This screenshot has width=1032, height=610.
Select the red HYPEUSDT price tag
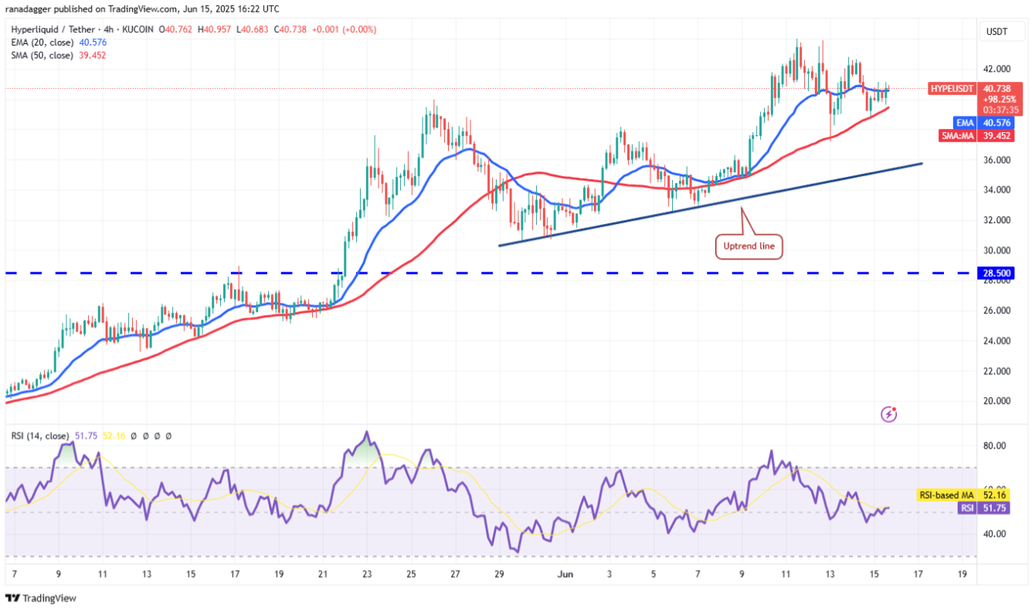(x=951, y=89)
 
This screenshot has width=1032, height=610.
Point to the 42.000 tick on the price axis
(x=996, y=69)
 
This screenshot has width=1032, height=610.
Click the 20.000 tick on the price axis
(x=996, y=401)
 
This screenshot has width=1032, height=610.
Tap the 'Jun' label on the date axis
(x=565, y=574)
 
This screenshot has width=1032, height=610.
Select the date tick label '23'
(x=367, y=574)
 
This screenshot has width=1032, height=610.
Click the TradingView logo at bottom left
(x=41, y=598)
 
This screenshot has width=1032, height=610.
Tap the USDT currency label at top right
(x=996, y=32)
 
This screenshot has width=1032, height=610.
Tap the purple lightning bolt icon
(x=889, y=415)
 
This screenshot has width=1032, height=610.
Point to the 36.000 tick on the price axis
(x=996, y=160)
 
